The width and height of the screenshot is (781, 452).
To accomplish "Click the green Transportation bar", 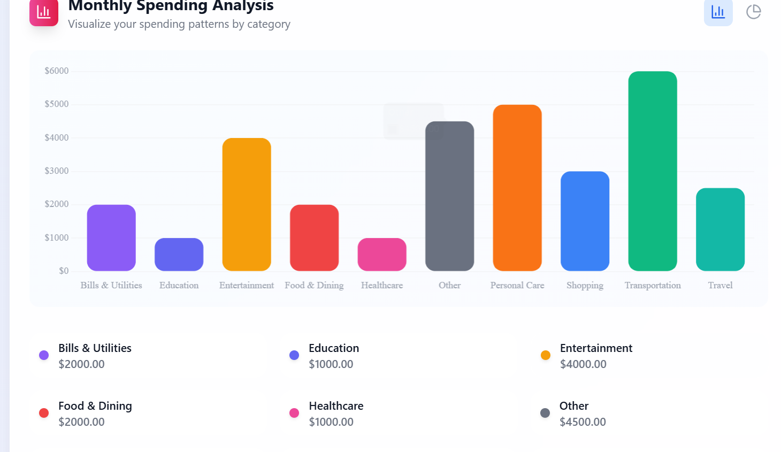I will coord(652,171).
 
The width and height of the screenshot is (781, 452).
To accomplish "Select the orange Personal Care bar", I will coord(517,188).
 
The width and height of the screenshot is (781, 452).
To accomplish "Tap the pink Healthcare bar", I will coord(381,255).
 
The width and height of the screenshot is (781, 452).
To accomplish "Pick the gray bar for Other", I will coord(449,196).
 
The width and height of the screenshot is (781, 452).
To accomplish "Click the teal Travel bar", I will coord(720,229).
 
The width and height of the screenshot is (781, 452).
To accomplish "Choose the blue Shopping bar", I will coord(585,221).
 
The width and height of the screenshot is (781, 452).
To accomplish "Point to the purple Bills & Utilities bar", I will coord(111,238).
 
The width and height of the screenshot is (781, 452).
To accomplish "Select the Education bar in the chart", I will coord(179,255).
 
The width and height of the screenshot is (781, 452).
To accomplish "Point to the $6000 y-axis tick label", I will coord(57,71).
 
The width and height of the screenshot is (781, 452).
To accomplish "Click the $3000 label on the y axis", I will coord(57,171).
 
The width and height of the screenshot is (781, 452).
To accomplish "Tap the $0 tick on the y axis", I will coord(64,271).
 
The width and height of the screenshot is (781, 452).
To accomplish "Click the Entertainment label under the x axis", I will coord(246,285).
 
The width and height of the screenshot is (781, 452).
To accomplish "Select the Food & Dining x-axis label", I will coord(314,285).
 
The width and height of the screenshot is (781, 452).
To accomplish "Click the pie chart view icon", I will coord(753,12).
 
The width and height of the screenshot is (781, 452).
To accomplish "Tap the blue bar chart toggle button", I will coord(718,12).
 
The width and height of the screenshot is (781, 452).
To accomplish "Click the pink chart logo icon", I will coord(44,12).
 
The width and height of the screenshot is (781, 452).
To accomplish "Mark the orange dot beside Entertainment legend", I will coord(546,355).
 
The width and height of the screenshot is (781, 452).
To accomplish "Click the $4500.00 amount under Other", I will coord(583,422).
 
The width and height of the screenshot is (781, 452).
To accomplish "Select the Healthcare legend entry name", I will coord(336,406).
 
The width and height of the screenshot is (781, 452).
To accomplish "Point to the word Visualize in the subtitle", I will coord(89,24).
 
